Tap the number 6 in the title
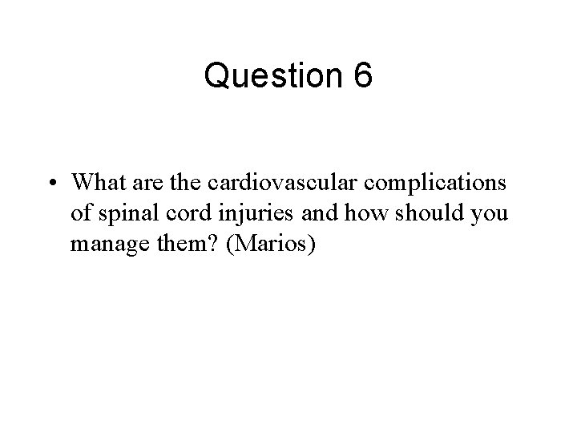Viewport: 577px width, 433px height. click(x=361, y=77)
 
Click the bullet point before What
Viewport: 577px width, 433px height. click(x=50, y=184)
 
